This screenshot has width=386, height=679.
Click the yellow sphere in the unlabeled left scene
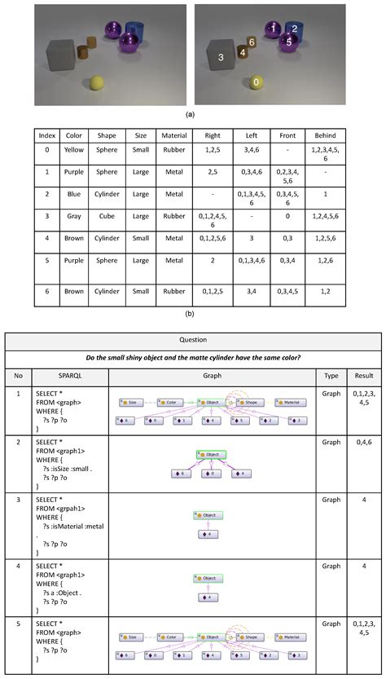tap(98, 82)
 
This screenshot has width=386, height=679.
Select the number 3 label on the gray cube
tap(220, 57)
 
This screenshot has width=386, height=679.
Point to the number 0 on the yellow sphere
tap(257, 82)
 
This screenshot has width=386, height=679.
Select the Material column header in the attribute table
tap(175, 135)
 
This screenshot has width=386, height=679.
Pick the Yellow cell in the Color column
tap(74, 151)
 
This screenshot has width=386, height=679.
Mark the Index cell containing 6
tap(47, 289)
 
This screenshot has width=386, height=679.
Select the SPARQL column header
tap(68, 377)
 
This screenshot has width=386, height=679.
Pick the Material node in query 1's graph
tap(290, 402)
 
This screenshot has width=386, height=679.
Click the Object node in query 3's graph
tap(209, 515)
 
